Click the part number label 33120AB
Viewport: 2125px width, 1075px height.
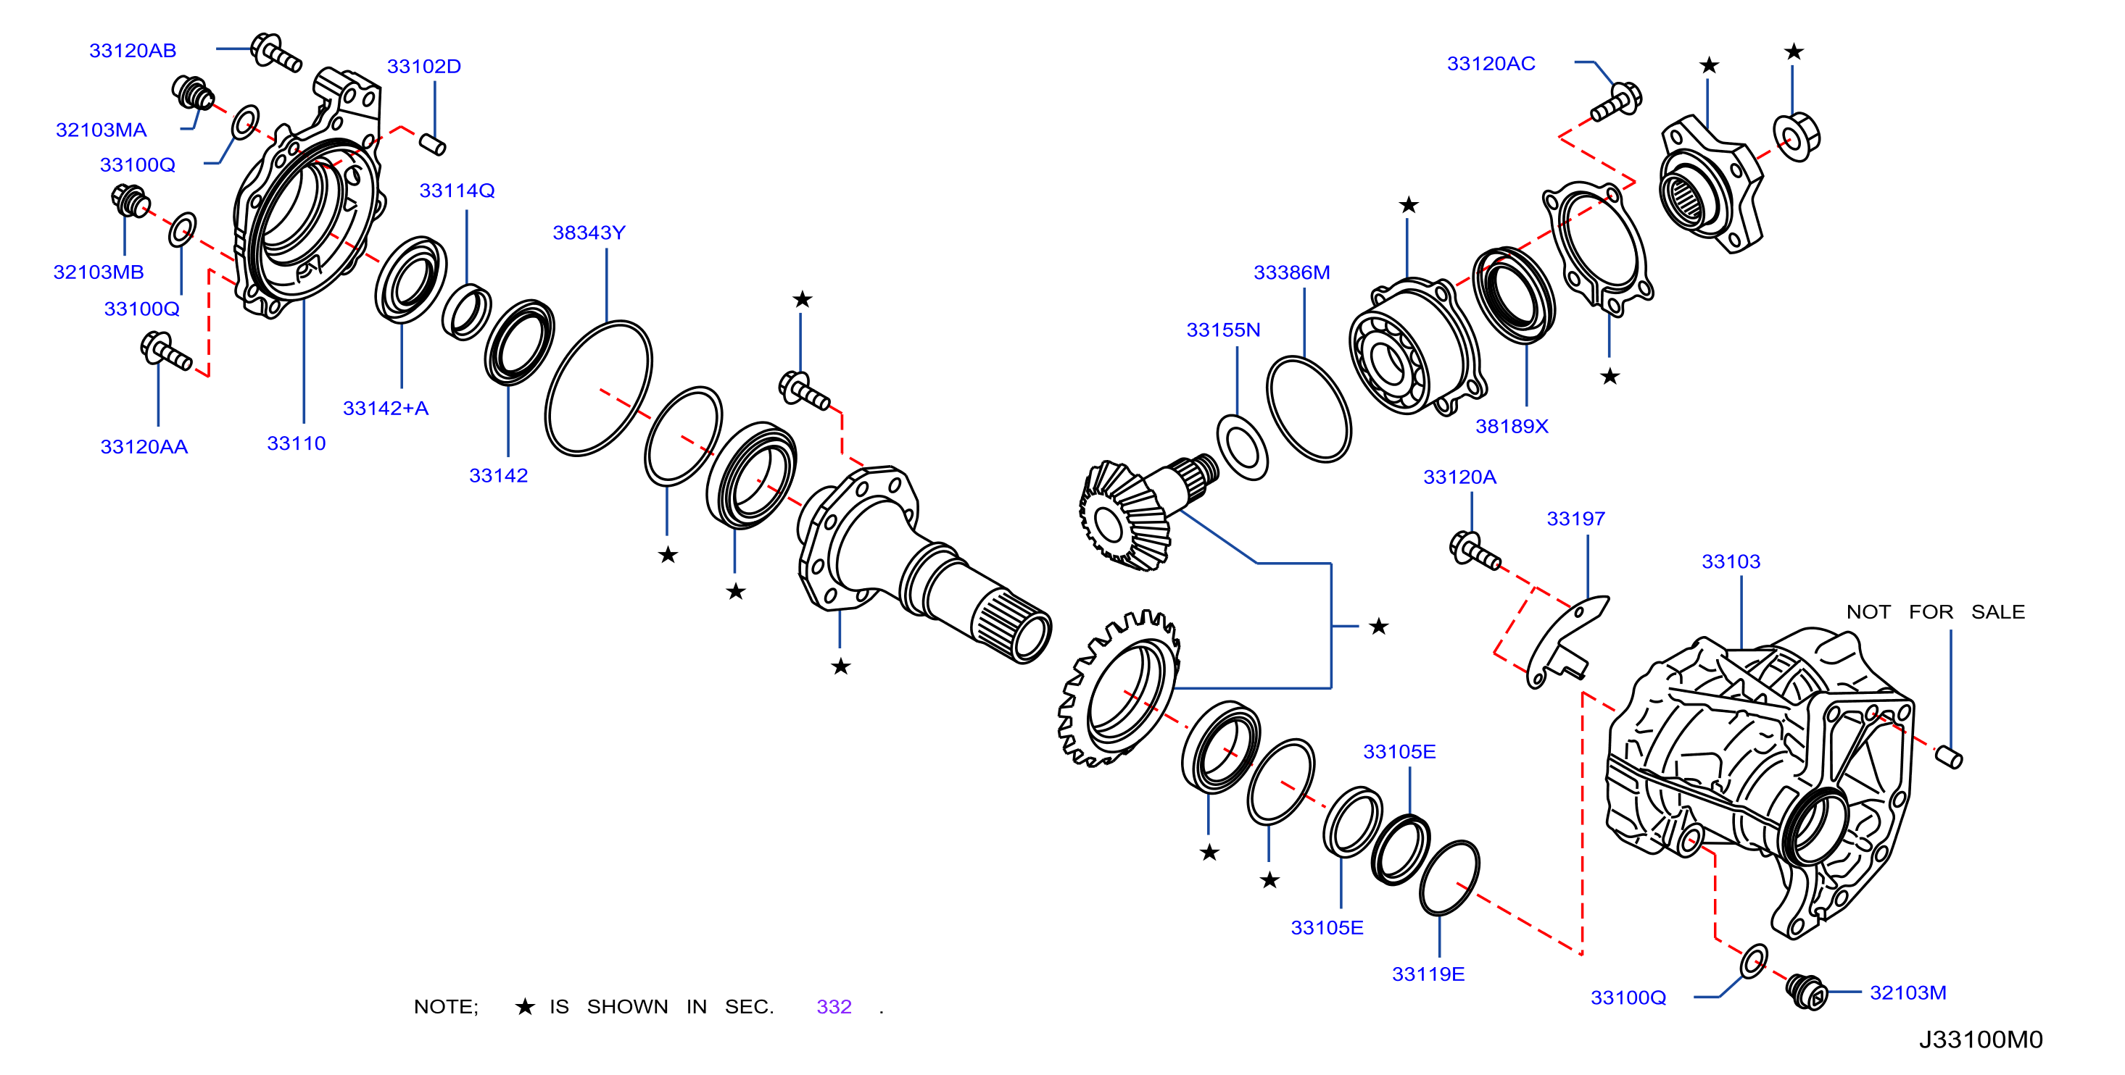click(133, 51)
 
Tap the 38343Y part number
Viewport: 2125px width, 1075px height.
click(589, 233)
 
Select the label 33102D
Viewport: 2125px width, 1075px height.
click(424, 67)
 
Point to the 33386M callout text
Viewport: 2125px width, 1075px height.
click(1292, 273)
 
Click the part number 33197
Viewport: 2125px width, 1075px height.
click(1575, 519)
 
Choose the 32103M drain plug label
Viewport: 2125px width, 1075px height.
click(1908, 993)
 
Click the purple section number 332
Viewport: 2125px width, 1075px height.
click(834, 1008)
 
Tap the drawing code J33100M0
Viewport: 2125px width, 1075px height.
click(1981, 1040)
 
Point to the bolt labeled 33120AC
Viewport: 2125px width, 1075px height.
click(1617, 102)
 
